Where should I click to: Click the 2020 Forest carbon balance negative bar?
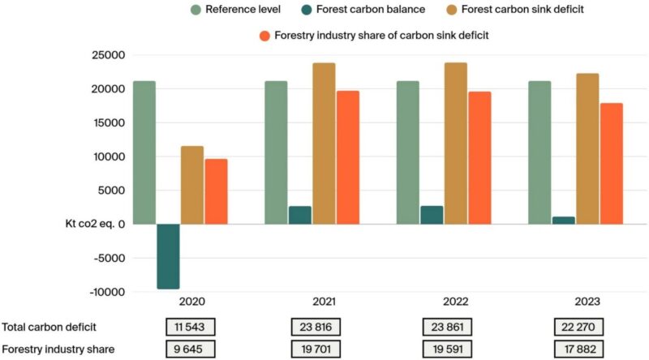click(x=168, y=256)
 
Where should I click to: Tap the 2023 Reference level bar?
click(x=539, y=152)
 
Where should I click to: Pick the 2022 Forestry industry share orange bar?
click(x=479, y=157)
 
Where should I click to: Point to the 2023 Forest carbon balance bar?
click(x=563, y=220)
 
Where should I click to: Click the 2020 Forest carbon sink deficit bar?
click(x=192, y=185)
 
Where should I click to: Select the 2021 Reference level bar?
click(x=276, y=152)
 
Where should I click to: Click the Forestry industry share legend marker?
click(x=264, y=36)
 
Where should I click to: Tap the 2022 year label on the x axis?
click(x=456, y=302)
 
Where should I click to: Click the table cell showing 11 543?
click(x=190, y=327)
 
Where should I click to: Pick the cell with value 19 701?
click(x=315, y=349)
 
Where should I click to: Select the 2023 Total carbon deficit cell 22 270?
click(x=576, y=327)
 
